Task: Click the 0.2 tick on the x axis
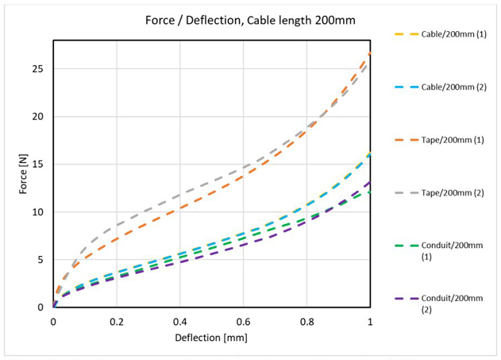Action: pos(116,322)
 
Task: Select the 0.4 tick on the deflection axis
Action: pos(179,322)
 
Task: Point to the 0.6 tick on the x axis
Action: pos(243,322)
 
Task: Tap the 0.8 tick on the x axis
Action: pos(306,322)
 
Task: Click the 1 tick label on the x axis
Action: pos(370,322)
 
